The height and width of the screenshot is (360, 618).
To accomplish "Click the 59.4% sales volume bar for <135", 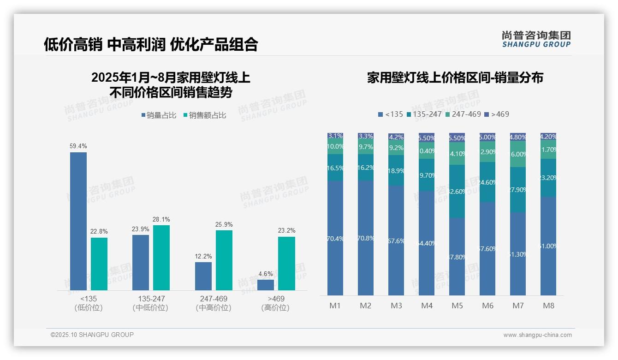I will (x=78, y=221).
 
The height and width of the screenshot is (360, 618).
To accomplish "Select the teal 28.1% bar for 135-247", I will (x=161, y=258).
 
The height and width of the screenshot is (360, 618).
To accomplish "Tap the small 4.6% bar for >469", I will (x=266, y=285).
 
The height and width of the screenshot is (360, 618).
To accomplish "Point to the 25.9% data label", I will (x=224, y=225).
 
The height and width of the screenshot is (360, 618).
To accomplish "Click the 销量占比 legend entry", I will (x=159, y=115).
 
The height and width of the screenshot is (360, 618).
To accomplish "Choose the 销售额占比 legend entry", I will (x=205, y=115).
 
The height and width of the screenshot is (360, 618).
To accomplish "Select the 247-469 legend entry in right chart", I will (x=463, y=114).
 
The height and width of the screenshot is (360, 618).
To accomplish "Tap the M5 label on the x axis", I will (x=457, y=306).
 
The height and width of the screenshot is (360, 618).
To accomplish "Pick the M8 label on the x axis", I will (x=548, y=306).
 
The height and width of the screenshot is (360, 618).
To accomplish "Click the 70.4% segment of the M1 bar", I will (x=335, y=238).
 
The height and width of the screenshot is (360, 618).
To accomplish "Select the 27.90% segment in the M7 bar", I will (x=518, y=190).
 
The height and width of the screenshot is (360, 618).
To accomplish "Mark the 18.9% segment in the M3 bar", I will (x=396, y=170).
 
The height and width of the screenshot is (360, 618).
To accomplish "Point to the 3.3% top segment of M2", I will (x=366, y=136).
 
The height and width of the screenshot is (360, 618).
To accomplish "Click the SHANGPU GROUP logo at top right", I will (x=536, y=39).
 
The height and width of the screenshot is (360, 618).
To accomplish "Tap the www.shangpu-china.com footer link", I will (x=537, y=335).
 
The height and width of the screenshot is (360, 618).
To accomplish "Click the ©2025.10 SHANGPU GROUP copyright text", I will (x=92, y=335).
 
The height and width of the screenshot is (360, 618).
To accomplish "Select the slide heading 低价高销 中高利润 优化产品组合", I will (x=151, y=44).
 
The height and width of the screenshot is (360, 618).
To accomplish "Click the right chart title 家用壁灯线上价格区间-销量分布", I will (x=455, y=78).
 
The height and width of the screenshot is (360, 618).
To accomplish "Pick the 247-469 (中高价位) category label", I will (x=214, y=303).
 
